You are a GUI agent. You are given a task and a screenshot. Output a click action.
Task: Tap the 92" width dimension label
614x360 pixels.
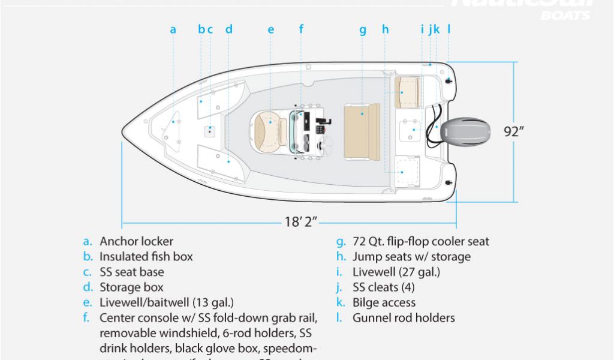[514, 131]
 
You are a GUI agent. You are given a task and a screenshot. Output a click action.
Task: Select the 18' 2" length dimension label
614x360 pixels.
[301, 222]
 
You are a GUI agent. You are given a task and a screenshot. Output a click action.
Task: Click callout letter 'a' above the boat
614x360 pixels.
[173, 29]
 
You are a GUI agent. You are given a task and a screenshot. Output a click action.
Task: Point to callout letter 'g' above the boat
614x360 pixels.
[362, 29]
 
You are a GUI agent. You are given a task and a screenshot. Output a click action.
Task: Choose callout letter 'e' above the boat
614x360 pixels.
[271, 29]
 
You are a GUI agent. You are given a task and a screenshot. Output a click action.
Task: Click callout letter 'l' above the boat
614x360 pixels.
[449, 28]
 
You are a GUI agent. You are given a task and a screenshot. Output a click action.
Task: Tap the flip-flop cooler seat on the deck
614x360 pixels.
[362, 131]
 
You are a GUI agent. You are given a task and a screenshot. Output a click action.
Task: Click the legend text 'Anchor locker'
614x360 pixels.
[136, 241]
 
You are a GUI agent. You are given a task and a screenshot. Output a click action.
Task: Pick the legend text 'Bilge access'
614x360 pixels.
[384, 302]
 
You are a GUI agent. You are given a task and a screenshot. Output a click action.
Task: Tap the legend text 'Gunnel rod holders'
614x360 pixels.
[404, 318]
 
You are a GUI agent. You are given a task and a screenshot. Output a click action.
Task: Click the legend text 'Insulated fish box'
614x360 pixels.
[146, 257]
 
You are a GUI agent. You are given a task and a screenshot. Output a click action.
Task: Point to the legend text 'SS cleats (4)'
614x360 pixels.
[383, 287]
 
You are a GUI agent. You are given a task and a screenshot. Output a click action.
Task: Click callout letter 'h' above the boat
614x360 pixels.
[385, 29]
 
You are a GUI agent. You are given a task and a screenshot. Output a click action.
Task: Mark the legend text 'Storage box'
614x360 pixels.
[131, 287]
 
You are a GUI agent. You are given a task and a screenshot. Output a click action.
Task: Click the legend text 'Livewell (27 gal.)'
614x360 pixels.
[396, 272]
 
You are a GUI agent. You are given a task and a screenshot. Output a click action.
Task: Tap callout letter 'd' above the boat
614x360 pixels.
[229, 29]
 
